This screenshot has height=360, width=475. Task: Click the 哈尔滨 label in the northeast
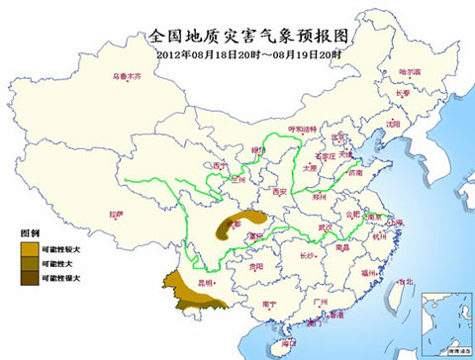409,71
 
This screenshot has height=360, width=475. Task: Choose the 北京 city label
339,136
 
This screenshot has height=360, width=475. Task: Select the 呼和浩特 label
299,130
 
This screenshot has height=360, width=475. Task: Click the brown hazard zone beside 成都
249,219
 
